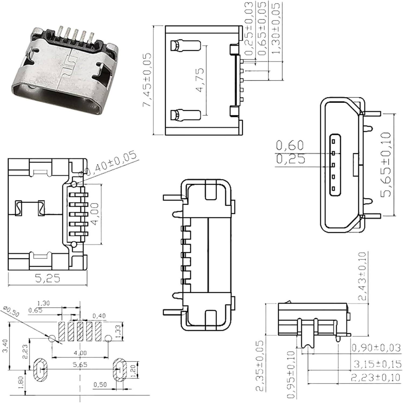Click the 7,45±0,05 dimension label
tap(147, 80)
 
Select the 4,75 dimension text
tap(200, 80)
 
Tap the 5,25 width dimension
tap(48, 278)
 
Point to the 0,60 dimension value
tap(290, 145)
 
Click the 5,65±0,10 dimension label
tap(386, 164)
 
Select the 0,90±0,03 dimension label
tap(376, 348)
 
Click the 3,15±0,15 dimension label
tap(377, 364)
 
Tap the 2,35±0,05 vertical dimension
tap(260, 366)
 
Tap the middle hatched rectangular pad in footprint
tap(80, 332)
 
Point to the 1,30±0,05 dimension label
tap(276, 28)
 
